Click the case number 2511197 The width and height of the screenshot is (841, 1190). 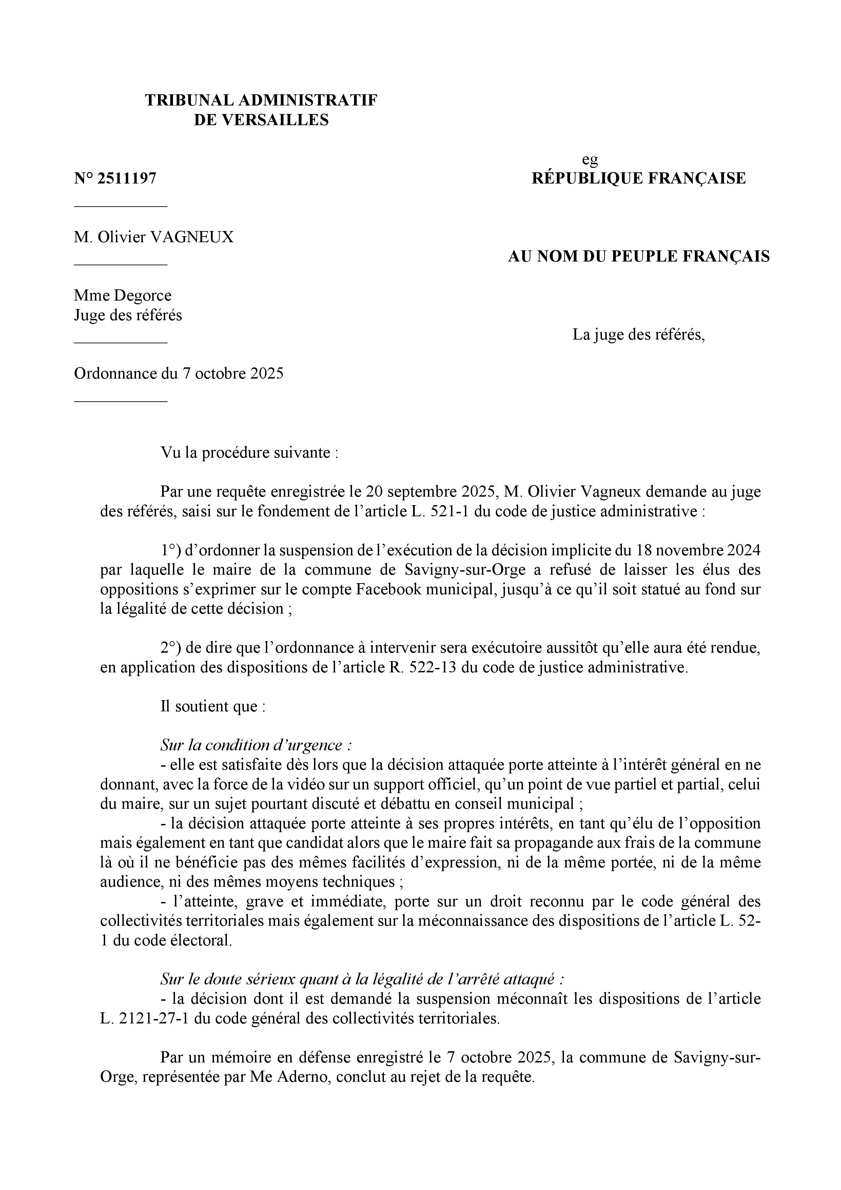click(126, 179)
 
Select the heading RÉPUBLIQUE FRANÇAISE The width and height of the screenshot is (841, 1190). click(639, 179)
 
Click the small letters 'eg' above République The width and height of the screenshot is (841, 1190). click(590, 160)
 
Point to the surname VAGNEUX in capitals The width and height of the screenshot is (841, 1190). click(192, 237)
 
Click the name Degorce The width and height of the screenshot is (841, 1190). click(142, 295)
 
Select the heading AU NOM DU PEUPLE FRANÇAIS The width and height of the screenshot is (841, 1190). click(639, 256)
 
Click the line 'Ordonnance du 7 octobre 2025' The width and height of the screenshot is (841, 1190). click(179, 374)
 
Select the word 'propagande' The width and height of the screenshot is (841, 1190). click(550, 843)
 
